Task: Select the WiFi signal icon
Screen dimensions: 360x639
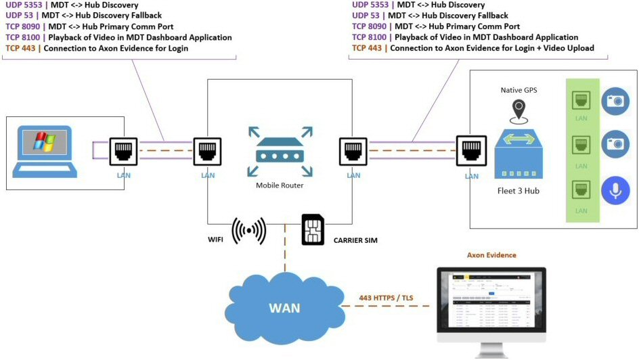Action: tap(248, 231)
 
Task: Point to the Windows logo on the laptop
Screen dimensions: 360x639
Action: tap(45, 142)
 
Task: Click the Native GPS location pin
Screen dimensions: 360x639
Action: tap(519, 108)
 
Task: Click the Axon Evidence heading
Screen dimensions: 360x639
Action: tap(491, 255)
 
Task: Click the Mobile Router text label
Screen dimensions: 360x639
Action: tap(279, 185)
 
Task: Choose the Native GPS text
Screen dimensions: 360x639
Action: tap(519, 89)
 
